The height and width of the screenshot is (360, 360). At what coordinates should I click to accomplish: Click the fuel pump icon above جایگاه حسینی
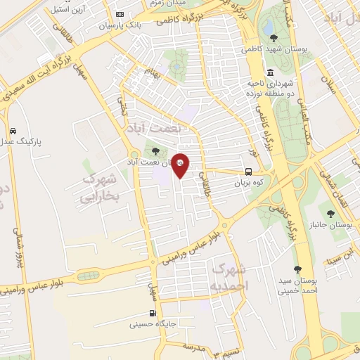point(153,314)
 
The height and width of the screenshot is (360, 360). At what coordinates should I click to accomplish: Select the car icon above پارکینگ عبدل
point(14,131)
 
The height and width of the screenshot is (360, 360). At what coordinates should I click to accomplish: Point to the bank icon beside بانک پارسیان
point(120,15)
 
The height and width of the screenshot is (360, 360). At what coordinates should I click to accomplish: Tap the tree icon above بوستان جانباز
point(330,213)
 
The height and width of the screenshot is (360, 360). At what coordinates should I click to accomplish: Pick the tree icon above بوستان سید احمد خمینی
point(298,269)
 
